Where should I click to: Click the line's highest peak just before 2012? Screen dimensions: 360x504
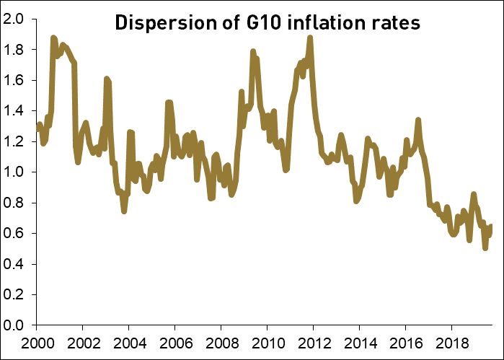(x=310, y=37)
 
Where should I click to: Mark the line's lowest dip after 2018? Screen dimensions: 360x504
(x=485, y=248)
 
